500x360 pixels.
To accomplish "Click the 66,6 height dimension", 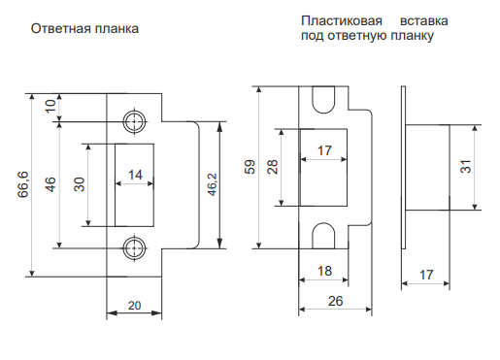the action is point(23,185).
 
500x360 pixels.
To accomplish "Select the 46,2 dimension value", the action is point(213,184).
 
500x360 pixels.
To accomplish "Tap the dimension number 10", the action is point(50,106).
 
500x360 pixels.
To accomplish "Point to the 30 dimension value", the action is point(80,184).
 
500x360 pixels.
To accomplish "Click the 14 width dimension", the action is point(135,175).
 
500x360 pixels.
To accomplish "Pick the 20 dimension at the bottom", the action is point(134,306).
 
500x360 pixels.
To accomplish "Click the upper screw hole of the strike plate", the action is point(134,122).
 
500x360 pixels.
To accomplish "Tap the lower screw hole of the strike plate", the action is point(134,248).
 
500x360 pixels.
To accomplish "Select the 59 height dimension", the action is point(250,167).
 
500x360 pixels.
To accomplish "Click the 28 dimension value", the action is point(273,167).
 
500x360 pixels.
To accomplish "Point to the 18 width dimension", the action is point(324,271).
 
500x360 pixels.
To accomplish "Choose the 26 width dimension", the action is point(335,301).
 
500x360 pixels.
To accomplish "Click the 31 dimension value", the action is point(466,167).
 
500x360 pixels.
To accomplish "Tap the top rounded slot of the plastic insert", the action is point(323,99).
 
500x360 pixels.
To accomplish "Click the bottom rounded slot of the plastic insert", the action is point(323,236).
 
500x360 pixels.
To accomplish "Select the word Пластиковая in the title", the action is point(342,21).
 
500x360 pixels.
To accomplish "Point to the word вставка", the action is point(424,21).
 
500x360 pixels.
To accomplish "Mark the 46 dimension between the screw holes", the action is point(50,184).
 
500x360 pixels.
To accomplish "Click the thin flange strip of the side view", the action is point(403,168).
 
